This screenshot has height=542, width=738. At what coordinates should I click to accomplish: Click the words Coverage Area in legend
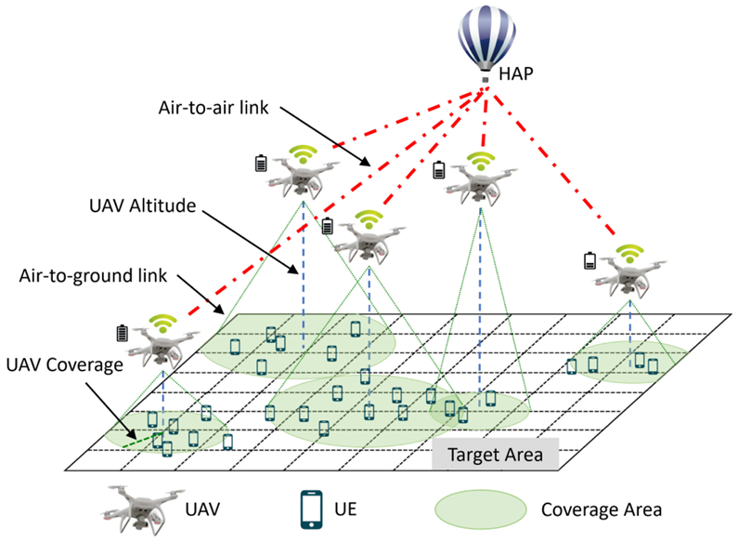point(600,509)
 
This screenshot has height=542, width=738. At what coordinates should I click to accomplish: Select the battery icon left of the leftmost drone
point(121,332)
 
